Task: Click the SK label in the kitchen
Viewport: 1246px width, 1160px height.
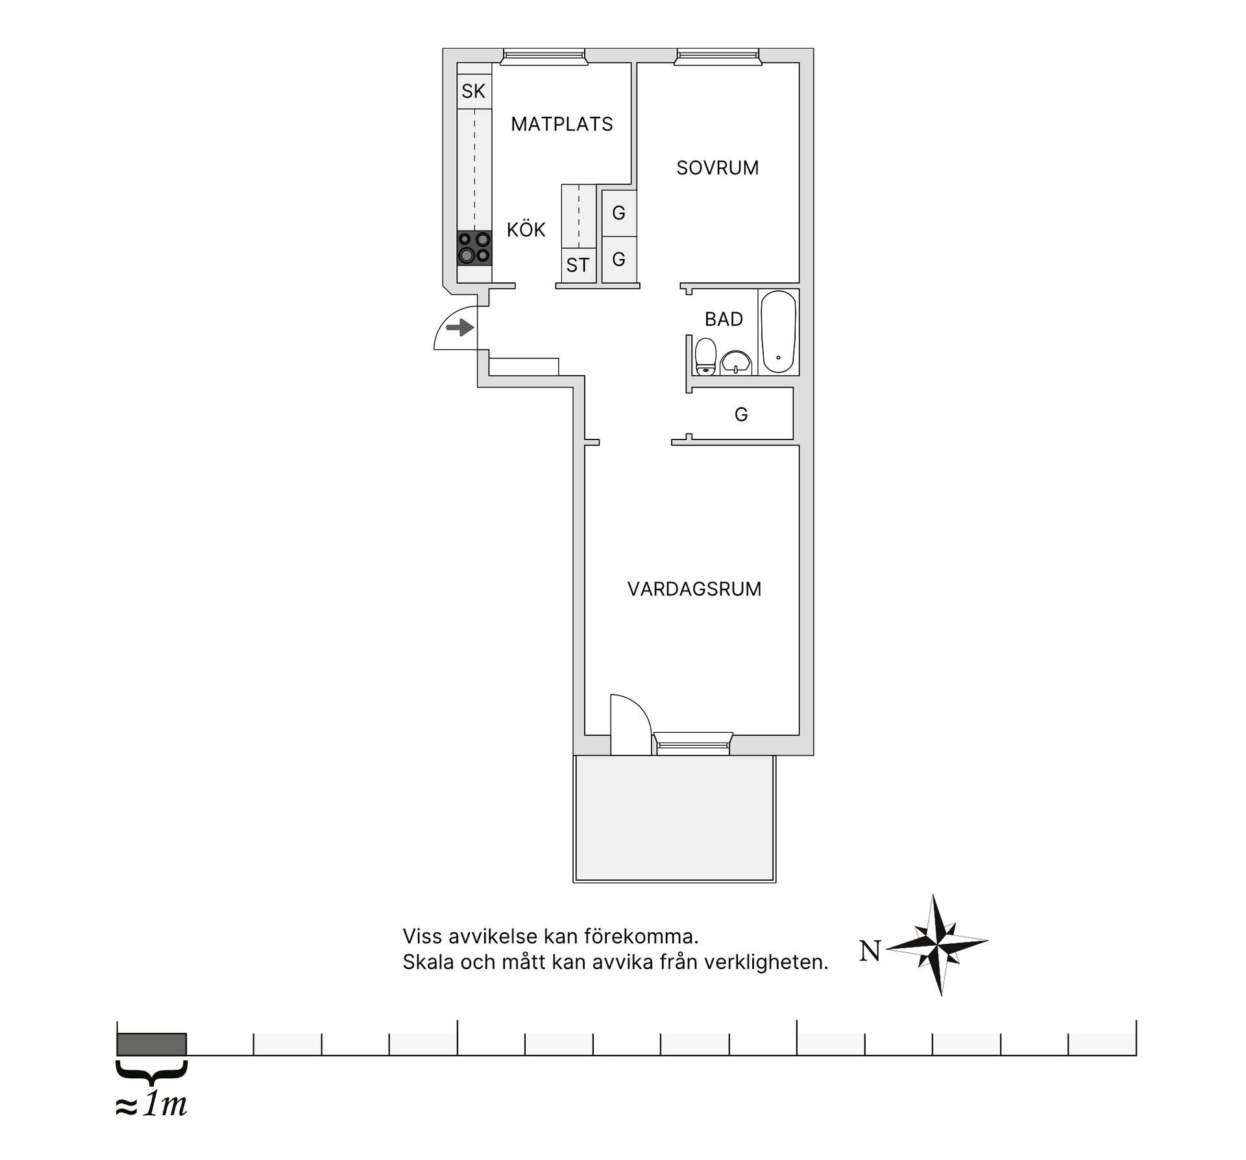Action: pyautogui.click(x=473, y=92)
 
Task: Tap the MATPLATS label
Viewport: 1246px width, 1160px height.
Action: pyautogui.click(x=562, y=124)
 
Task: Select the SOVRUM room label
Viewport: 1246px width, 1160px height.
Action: pyautogui.click(x=718, y=168)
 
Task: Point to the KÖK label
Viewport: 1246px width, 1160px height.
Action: pyautogui.click(x=526, y=229)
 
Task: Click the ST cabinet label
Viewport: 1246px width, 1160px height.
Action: pyautogui.click(x=578, y=265)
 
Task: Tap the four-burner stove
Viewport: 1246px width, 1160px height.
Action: pyautogui.click(x=474, y=248)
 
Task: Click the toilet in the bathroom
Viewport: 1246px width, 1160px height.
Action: pyautogui.click(x=705, y=356)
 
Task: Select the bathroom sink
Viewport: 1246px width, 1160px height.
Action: pyautogui.click(x=735, y=363)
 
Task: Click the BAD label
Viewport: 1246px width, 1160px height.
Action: pyautogui.click(x=724, y=319)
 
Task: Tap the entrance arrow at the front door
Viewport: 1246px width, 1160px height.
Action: pyautogui.click(x=460, y=328)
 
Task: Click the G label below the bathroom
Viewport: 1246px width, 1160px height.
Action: pyautogui.click(x=741, y=414)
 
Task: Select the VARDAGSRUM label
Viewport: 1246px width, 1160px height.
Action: pyautogui.click(x=694, y=589)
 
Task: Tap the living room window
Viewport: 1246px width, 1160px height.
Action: pyautogui.click(x=692, y=743)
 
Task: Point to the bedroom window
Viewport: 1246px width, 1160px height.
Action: pyautogui.click(x=717, y=57)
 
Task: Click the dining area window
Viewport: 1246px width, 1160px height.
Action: pyautogui.click(x=544, y=57)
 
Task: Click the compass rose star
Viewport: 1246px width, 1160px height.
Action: pyautogui.click(x=937, y=944)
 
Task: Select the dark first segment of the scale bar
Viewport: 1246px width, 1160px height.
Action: pyautogui.click(x=152, y=1044)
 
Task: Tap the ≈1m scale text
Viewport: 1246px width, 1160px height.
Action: pyautogui.click(x=151, y=1105)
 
